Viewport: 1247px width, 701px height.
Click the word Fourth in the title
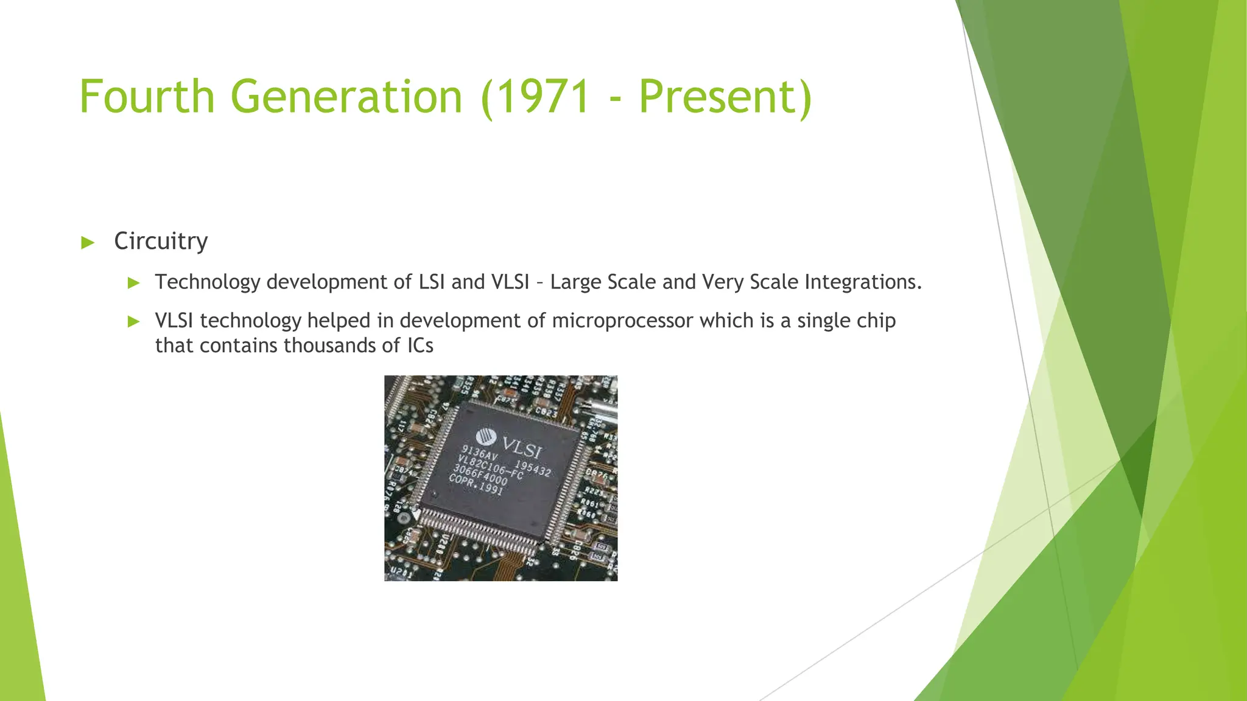(x=147, y=97)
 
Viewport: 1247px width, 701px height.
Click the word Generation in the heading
(x=346, y=97)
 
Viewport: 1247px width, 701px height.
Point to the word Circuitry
(x=161, y=242)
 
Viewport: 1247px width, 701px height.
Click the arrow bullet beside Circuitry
(x=88, y=243)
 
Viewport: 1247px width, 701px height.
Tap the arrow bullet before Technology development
(x=134, y=282)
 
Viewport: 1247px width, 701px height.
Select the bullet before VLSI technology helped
(x=134, y=321)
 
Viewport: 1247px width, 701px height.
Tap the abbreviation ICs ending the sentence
(x=420, y=346)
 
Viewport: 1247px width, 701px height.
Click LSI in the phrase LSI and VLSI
(x=432, y=282)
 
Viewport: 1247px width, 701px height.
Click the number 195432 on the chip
(x=533, y=468)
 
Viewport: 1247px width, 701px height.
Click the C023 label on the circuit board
(x=546, y=412)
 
